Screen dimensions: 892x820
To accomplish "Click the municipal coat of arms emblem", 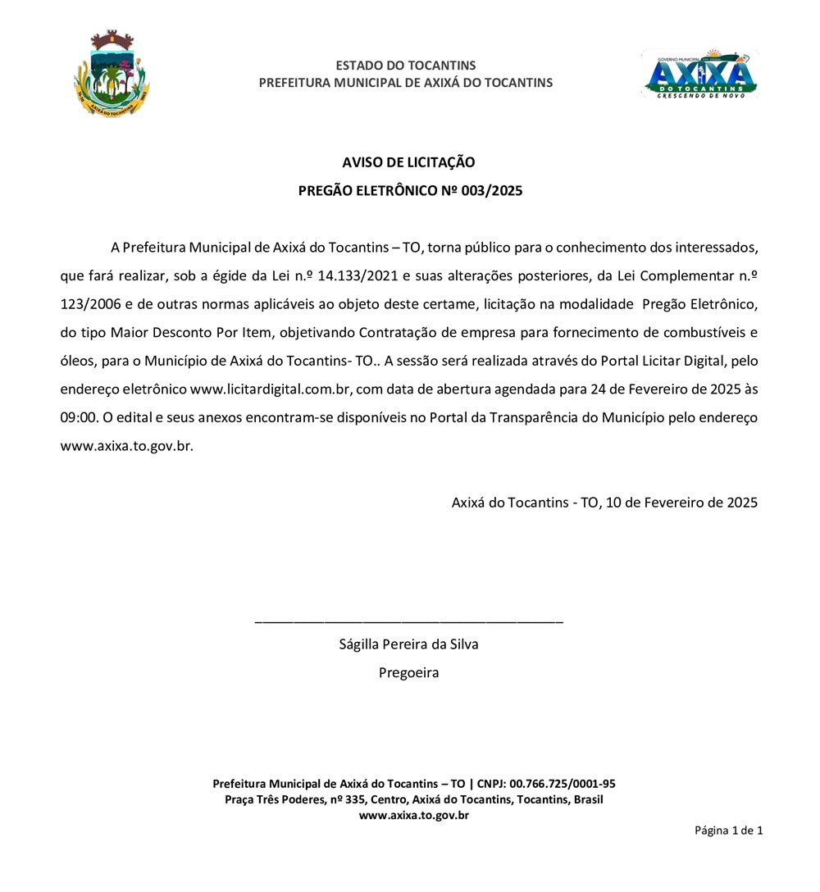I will (111, 75).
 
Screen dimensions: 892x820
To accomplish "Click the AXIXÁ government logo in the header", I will (699, 75).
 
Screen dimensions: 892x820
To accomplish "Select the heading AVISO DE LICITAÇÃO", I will (408, 162).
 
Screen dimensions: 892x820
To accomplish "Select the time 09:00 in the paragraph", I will (80, 417).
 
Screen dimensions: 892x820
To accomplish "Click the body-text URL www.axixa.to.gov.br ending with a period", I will (127, 447).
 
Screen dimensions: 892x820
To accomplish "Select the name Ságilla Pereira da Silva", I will (408, 644).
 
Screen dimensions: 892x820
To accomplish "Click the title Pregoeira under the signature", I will (408, 673).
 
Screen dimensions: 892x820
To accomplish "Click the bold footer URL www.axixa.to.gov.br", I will (413, 815).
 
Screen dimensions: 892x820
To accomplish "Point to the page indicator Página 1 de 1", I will (728, 831).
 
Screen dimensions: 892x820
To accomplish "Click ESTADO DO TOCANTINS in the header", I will (406, 66).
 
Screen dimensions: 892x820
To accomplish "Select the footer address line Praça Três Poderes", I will (413, 799).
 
